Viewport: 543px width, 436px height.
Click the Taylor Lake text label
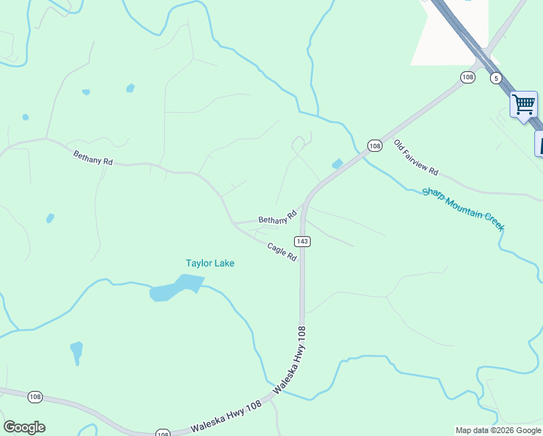click(210, 263)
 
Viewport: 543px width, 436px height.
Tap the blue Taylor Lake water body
click(173, 288)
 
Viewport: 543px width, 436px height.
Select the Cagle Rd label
click(282, 252)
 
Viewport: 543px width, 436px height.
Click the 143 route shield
click(303, 241)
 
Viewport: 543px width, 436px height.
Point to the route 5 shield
click(496, 78)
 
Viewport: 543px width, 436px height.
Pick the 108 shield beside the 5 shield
click(468, 77)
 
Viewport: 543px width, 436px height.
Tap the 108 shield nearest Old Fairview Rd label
click(374, 145)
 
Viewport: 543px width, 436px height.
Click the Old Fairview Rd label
click(416, 157)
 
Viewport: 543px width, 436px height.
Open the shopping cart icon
click(523, 105)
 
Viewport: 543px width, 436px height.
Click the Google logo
click(24, 427)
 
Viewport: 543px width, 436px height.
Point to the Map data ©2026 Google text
click(498, 430)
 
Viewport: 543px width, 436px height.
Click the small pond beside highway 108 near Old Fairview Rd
click(338, 164)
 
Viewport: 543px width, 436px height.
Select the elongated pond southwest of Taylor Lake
click(76, 352)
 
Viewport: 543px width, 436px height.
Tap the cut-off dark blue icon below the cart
click(539, 142)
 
